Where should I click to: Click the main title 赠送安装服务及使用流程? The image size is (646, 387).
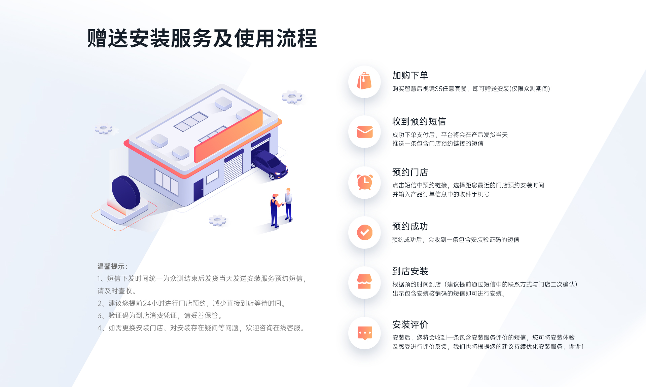point(202,38)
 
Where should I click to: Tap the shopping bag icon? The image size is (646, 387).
point(364,81)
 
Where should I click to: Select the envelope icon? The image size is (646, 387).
point(365,132)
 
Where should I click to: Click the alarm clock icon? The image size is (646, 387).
point(365,182)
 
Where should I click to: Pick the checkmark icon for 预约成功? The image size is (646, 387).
point(365,232)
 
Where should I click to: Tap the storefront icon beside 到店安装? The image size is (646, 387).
point(364,282)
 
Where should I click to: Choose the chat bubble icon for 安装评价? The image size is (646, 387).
point(365,333)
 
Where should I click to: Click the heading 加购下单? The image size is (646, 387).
point(410,75)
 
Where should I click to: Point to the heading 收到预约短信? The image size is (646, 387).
point(419,121)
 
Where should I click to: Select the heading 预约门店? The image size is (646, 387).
point(410,172)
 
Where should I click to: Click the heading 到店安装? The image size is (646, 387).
point(410,271)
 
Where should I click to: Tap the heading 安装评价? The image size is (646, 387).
point(410,324)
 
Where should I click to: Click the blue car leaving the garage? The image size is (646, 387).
point(270,164)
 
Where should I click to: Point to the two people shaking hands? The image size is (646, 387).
point(281,207)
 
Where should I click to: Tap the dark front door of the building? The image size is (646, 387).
point(199,189)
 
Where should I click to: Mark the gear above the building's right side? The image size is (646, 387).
point(292,97)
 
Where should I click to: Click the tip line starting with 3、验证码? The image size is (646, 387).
point(160,315)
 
